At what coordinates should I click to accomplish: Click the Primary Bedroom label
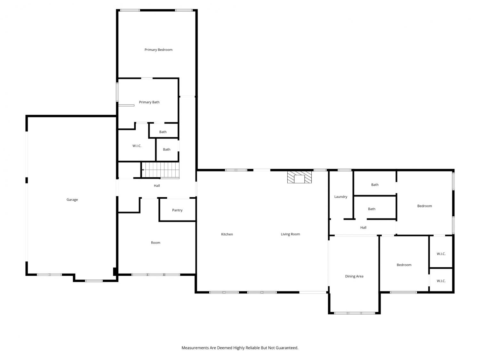point(158,50)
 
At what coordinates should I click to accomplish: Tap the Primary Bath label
point(149,102)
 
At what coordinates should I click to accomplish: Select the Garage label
point(72,200)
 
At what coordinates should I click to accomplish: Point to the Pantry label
point(177,210)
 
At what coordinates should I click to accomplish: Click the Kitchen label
point(227,234)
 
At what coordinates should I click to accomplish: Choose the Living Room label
point(290,234)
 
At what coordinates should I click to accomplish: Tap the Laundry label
point(340,197)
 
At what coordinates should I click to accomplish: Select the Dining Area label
point(354,276)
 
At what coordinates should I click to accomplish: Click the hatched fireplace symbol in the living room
point(299,177)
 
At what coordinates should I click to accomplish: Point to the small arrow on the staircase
point(143,170)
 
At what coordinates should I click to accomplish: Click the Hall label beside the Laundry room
point(363,228)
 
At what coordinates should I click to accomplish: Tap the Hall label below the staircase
point(157,186)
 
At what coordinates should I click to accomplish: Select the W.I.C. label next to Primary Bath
point(137,146)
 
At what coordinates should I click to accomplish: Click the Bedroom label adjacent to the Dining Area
point(404,265)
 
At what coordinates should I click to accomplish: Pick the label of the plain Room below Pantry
point(156,243)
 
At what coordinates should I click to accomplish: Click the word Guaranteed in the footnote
point(287,348)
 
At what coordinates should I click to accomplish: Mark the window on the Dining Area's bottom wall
point(355,313)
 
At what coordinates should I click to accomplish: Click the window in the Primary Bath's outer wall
point(117,92)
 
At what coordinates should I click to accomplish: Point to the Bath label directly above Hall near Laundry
point(372,209)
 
